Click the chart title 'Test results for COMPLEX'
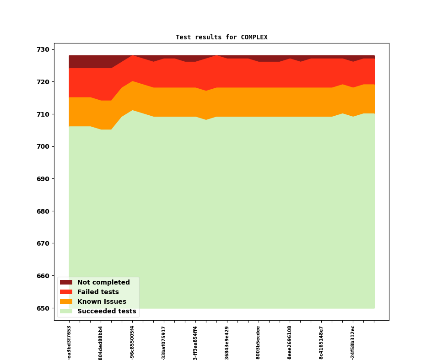(x=221, y=38)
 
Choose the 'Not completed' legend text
(x=103, y=283)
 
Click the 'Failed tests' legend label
(x=98, y=292)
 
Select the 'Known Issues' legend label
(x=102, y=302)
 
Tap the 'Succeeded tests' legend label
(x=107, y=312)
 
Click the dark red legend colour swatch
(x=66, y=283)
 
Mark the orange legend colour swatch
(x=66, y=302)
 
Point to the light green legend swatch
(x=66, y=312)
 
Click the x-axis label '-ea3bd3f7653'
(x=69, y=343)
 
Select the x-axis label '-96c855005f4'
(x=132, y=343)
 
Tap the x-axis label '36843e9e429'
(x=227, y=343)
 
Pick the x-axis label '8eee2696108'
(x=290, y=343)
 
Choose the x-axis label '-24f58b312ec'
(x=353, y=343)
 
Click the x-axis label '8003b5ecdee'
(x=258, y=343)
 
